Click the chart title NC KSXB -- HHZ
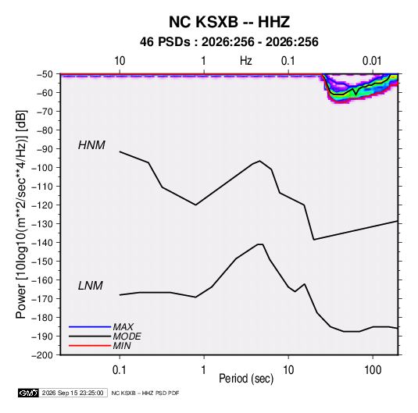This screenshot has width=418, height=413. click(x=229, y=22)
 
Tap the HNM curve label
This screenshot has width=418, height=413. click(x=91, y=145)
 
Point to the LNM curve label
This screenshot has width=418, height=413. click(x=91, y=286)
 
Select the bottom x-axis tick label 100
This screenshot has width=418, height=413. click(x=373, y=370)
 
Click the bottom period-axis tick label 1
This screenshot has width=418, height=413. click(x=204, y=370)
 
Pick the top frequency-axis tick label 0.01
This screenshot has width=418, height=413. click(x=372, y=61)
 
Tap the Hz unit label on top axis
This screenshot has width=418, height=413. click(x=246, y=61)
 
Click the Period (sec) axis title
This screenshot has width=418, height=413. click(x=246, y=379)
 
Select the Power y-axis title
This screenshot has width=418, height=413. click(x=21, y=215)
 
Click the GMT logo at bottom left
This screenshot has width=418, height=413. click(x=28, y=393)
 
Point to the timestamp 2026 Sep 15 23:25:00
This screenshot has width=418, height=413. click(x=73, y=393)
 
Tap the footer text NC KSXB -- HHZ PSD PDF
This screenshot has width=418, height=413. click(x=145, y=393)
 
